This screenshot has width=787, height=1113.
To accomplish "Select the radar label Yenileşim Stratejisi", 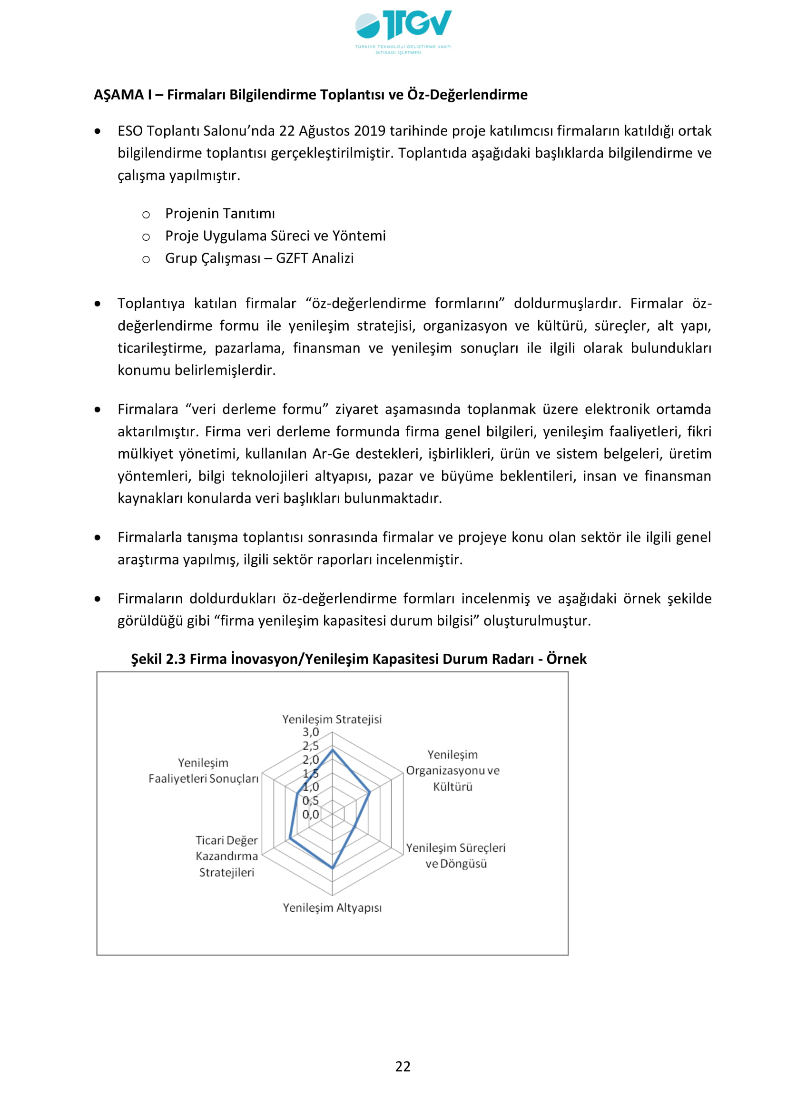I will [x=332, y=719].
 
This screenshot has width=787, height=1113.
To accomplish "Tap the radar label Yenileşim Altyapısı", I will [x=332, y=907].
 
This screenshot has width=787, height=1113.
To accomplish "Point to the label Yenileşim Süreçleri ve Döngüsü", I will [x=455, y=856].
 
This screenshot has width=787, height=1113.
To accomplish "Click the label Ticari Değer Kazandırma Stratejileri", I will [x=226, y=856].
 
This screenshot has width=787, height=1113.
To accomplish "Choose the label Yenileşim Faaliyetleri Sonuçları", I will [x=203, y=771].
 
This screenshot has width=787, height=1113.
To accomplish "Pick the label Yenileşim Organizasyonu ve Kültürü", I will [x=453, y=770].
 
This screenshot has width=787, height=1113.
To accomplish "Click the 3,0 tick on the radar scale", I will [x=311, y=732].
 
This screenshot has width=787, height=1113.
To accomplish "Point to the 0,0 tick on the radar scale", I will [x=311, y=814].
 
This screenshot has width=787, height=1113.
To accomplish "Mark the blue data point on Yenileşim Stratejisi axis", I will [x=333, y=750].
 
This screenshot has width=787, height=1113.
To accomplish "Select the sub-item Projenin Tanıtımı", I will [x=219, y=213].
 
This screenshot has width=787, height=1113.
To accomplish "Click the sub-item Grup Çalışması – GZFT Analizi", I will [x=259, y=258].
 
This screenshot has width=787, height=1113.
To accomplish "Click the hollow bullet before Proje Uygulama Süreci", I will [x=146, y=237].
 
